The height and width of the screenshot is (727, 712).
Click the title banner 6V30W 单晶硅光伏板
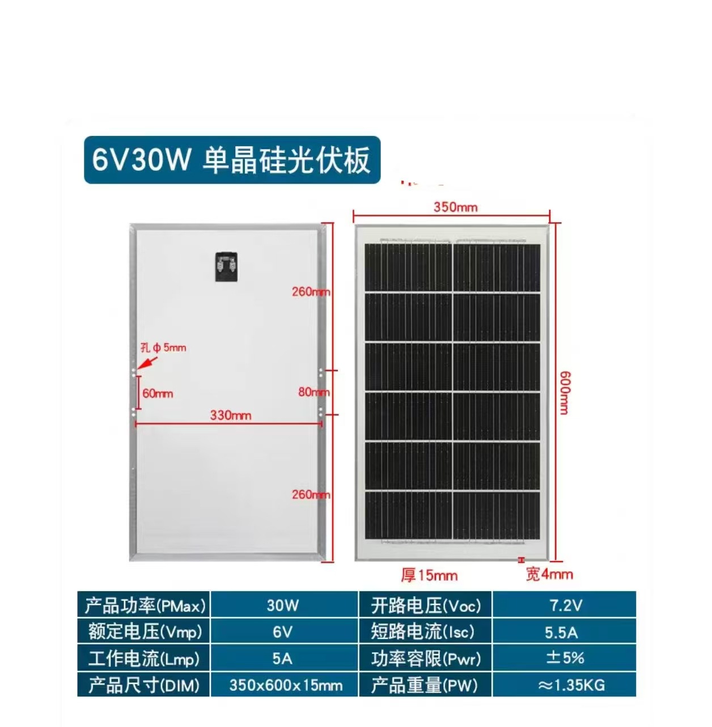pyautogui.click(x=232, y=160)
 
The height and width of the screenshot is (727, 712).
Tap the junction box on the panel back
pyautogui.click(x=226, y=267)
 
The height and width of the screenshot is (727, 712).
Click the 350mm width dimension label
pyautogui.click(x=455, y=207)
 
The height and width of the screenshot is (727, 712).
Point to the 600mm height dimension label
pyautogui.click(x=564, y=393)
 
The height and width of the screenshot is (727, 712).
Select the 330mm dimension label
pyautogui.click(x=230, y=415)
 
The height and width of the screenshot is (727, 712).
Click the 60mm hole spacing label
pyautogui.click(x=157, y=393)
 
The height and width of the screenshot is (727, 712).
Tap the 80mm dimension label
pyautogui.click(x=313, y=392)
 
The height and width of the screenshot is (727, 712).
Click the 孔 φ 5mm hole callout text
pyautogui.click(x=163, y=348)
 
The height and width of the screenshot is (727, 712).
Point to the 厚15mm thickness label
pyautogui.click(x=429, y=575)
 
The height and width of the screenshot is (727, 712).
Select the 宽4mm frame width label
pyautogui.click(x=549, y=575)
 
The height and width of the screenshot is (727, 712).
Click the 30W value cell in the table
pyautogui.click(x=283, y=605)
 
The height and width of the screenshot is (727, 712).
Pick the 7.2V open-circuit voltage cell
pyautogui.click(x=565, y=605)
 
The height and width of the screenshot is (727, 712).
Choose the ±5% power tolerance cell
pyautogui.click(x=565, y=658)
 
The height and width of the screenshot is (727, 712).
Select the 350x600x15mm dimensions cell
pyautogui.click(x=285, y=685)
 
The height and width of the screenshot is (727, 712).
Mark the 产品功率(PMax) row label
pyautogui.click(x=145, y=605)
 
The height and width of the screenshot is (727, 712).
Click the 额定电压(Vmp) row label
pyautogui.click(x=145, y=632)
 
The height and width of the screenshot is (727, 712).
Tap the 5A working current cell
pyautogui.click(x=282, y=658)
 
